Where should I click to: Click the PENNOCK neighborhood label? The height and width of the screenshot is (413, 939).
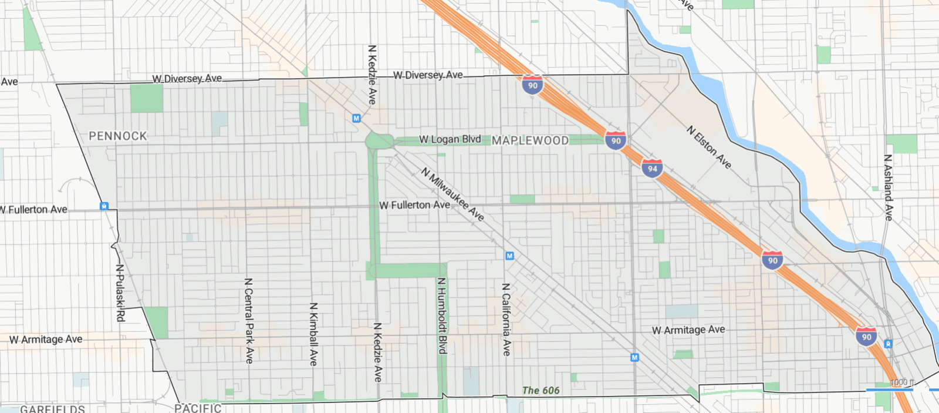[x=117, y=136]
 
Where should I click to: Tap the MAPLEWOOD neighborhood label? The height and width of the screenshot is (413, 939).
[x=530, y=140]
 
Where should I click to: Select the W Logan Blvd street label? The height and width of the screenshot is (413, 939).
[x=450, y=139]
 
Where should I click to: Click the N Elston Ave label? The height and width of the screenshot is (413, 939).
[x=709, y=147]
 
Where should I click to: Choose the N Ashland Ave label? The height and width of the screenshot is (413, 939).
[x=888, y=187]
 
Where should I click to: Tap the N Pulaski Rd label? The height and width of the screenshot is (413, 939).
[x=120, y=293]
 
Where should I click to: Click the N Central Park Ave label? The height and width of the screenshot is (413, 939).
[x=249, y=320]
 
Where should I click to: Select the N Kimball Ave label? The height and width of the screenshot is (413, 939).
[x=313, y=334]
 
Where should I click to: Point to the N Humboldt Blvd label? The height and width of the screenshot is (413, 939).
[x=442, y=315]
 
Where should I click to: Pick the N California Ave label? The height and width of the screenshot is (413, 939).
[x=506, y=319]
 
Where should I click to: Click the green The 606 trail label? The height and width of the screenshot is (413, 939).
[x=541, y=391]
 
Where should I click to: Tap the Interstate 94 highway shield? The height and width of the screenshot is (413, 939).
[x=652, y=168]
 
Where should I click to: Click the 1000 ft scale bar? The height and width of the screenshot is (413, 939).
[x=890, y=389]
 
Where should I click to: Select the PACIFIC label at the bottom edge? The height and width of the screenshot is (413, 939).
[x=198, y=408]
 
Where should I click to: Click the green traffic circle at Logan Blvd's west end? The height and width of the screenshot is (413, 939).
[x=379, y=141]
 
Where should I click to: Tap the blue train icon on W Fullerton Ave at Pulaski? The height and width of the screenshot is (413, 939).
[x=104, y=206]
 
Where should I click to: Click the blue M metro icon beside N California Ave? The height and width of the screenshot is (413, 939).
[x=509, y=256]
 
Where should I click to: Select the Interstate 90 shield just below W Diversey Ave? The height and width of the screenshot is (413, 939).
[x=532, y=85]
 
